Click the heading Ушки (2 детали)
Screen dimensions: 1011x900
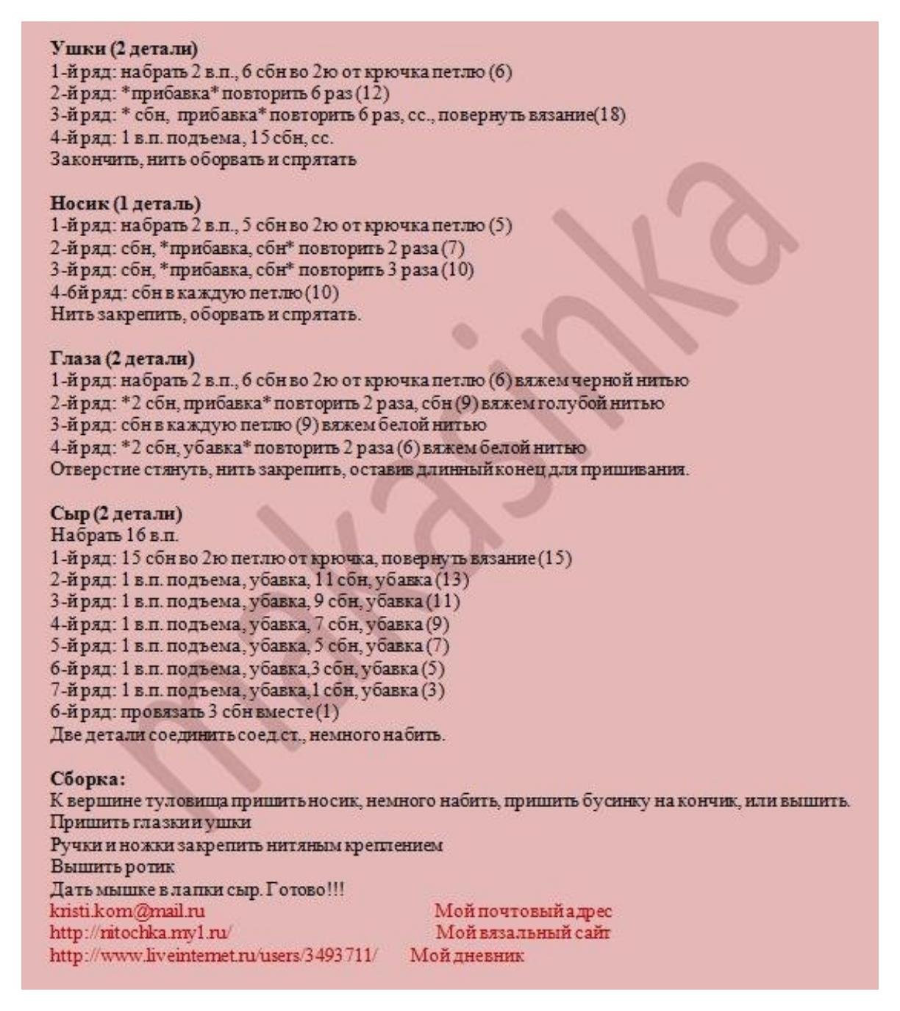[x=124, y=49]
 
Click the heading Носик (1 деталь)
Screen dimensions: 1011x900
[x=126, y=203]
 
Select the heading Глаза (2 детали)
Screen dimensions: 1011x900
[x=123, y=358]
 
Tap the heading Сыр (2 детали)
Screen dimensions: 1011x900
[x=116, y=513]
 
